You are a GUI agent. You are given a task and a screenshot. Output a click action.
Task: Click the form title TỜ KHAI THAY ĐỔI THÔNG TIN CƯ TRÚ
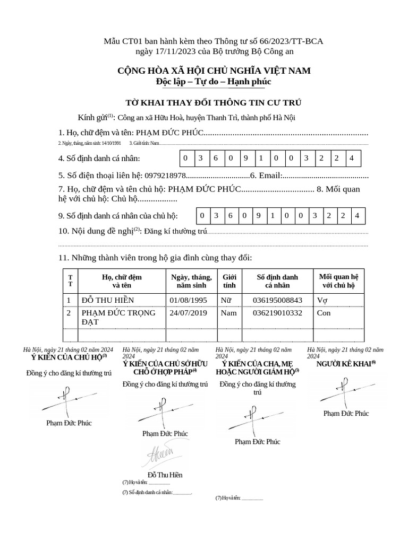coord(213,102)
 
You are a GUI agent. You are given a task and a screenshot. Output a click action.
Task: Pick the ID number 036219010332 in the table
coord(277,313)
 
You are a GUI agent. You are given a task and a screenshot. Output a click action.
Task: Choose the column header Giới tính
coord(229,281)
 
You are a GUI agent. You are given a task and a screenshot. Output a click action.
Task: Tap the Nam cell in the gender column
coord(228,313)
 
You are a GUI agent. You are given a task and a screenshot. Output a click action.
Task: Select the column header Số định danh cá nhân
coord(277,281)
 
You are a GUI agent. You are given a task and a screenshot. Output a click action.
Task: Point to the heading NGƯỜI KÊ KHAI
coord(345,364)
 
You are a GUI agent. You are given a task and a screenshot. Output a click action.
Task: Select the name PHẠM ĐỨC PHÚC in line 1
coord(170,133)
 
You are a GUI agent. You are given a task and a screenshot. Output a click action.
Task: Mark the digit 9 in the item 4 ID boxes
coord(246,159)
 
